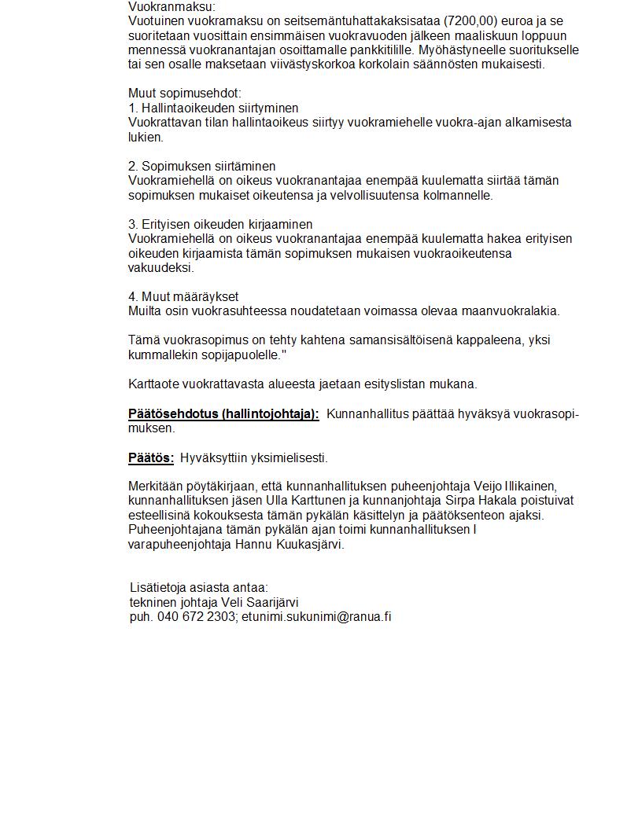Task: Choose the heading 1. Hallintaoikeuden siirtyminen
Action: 213,108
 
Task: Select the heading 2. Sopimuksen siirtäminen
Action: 202,166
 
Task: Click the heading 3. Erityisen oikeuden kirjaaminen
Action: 220,224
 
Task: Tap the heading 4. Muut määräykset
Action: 183,296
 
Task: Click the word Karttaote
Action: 154,384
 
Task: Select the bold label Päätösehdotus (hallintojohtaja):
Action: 224,414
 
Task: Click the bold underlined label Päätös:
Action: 151,457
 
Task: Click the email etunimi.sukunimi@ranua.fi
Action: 316,616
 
